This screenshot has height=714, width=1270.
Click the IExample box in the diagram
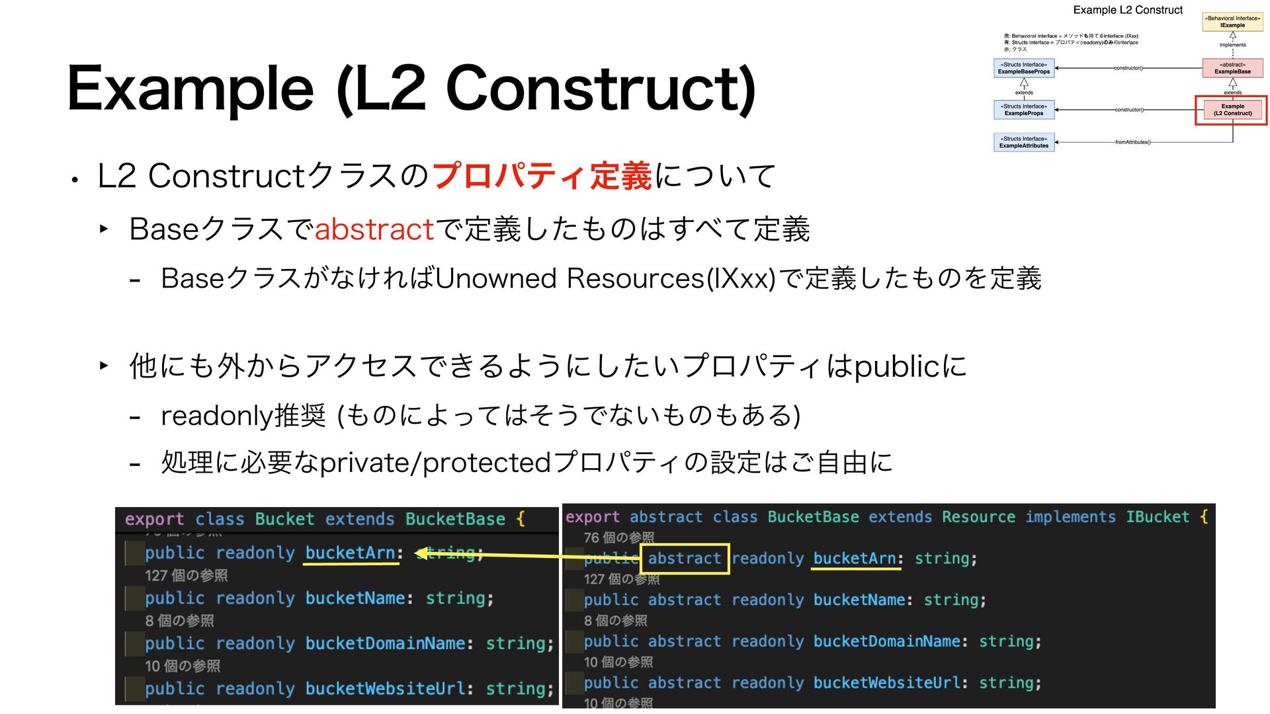(x=1232, y=22)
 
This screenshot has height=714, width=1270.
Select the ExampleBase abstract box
(x=1232, y=68)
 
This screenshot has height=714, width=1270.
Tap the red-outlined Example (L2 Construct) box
(x=1232, y=110)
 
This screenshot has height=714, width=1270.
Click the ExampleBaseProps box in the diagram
(x=1023, y=68)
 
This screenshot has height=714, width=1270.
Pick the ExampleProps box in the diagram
(x=1023, y=110)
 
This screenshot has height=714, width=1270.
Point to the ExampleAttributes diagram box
(x=1023, y=142)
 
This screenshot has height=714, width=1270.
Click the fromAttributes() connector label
(x=1132, y=142)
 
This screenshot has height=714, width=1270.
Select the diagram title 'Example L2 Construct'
(x=1128, y=10)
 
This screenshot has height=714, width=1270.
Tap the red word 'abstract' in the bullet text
(x=374, y=229)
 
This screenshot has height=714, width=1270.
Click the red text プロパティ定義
(x=542, y=176)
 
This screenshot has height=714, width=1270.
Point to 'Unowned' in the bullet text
(x=495, y=278)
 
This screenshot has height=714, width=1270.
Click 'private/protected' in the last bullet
(x=435, y=463)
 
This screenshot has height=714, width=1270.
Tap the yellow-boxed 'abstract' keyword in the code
(x=685, y=559)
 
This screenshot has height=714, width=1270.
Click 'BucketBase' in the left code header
(x=455, y=519)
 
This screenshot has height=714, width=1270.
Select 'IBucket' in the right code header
(x=1158, y=517)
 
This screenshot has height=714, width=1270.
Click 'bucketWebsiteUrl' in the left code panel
(x=385, y=689)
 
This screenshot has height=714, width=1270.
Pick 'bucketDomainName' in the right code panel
(x=886, y=641)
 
